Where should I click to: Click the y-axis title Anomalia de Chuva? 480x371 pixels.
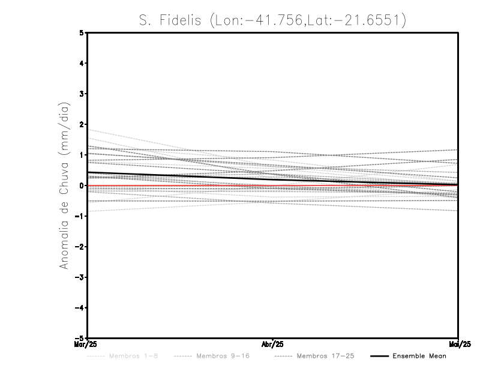pos(64,185)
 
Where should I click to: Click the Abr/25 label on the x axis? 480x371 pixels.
pos(273,345)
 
